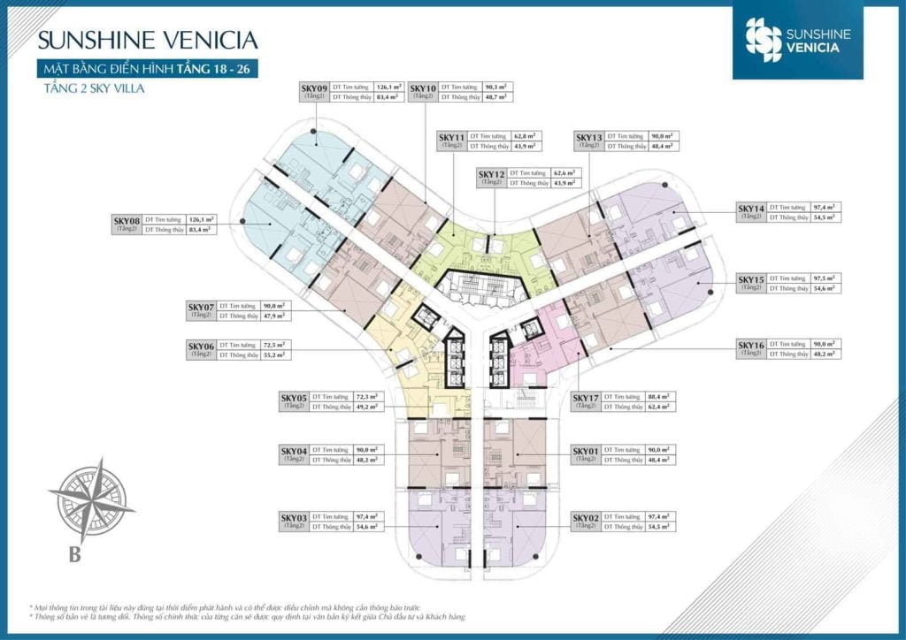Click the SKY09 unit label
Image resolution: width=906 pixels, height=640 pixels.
(x=314, y=92)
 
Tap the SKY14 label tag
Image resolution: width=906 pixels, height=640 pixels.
(x=751, y=211)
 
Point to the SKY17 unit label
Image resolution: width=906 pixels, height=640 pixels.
(x=586, y=401)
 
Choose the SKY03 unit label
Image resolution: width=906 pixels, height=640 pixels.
(x=294, y=521)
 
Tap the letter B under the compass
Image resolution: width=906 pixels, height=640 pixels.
(x=75, y=555)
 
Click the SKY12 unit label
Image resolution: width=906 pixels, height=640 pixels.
(x=491, y=178)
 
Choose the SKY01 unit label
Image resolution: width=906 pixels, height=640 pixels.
(x=586, y=454)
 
